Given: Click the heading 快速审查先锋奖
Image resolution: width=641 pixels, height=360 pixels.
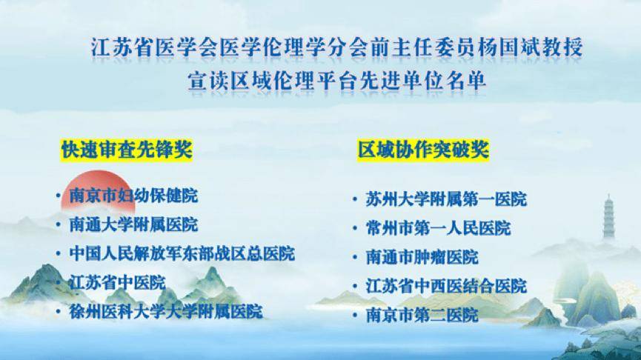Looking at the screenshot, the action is click(x=126, y=149).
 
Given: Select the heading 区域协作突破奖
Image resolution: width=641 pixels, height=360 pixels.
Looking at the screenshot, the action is click(x=423, y=149).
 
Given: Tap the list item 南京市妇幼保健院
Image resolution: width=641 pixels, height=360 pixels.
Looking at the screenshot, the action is click(x=133, y=196).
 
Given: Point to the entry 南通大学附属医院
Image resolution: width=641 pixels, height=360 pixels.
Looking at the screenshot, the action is click(x=133, y=224).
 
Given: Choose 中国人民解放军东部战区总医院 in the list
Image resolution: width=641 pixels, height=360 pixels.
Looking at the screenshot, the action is click(x=182, y=253).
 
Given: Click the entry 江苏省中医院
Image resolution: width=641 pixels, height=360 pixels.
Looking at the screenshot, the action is click(x=117, y=282).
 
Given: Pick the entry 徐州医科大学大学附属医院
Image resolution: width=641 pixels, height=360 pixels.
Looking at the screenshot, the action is click(x=166, y=311).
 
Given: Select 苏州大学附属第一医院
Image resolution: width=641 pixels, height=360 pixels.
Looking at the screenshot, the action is click(x=446, y=199).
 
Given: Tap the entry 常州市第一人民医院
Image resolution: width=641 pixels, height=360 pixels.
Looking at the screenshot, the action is click(x=438, y=228).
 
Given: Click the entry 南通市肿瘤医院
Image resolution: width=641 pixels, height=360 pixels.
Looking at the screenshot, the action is click(x=422, y=257).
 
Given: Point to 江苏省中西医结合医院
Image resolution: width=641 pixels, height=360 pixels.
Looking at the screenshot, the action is click(x=446, y=286).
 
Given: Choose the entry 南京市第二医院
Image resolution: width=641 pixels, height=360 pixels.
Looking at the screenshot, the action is click(x=422, y=315).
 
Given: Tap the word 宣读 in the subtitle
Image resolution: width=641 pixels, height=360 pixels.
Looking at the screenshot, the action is click(x=207, y=81).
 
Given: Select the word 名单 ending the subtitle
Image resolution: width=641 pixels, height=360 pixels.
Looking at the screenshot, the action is click(x=465, y=81).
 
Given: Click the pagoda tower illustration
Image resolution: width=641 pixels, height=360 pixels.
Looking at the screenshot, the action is click(x=608, y=216).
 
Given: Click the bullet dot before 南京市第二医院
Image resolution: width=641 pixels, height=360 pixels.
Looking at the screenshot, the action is click(x=355, y=316).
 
